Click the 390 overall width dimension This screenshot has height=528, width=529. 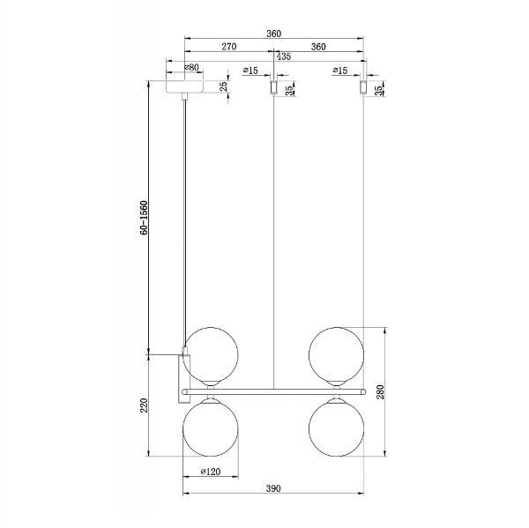coord(273,487)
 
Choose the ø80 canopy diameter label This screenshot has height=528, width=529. coord(191,67)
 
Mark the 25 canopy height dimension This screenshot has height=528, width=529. coord(224,87)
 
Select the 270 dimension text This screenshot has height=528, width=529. coord(227,46)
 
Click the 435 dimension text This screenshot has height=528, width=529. coord(283,56)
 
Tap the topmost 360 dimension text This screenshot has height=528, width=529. coord(273,33)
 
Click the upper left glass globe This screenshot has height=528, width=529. coord(211,353)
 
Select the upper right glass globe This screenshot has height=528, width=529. coord(336,353)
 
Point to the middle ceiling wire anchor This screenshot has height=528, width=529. coord(273,89)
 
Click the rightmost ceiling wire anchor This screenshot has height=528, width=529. coord(362,89)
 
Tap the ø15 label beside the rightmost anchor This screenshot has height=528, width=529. coord(339,70)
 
